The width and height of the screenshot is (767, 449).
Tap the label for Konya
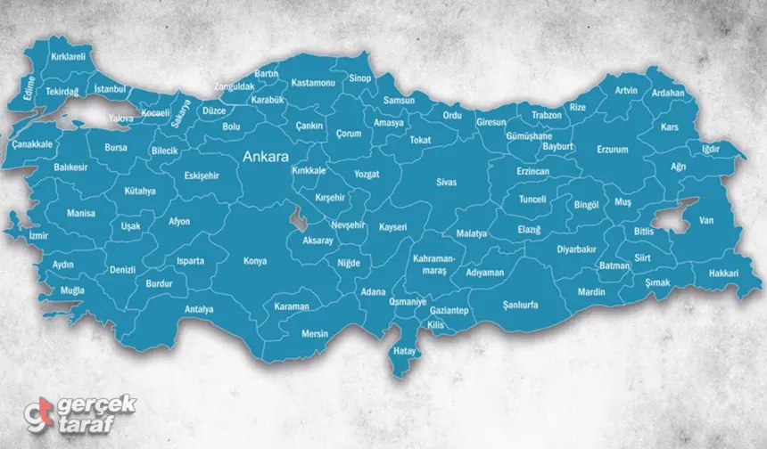(255, 261)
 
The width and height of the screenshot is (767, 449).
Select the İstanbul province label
(111, 89)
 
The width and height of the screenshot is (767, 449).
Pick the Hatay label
(405, 351)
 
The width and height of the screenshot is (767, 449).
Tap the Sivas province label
(446, 182)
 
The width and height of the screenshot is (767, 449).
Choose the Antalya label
(198, 309)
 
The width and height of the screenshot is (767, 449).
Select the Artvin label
(626, 91)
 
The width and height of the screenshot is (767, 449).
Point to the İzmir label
(38, 236)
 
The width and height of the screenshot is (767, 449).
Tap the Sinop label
(360, 78)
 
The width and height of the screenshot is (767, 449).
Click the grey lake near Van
(671, 216)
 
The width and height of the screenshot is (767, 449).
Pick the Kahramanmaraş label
(434, 262)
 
